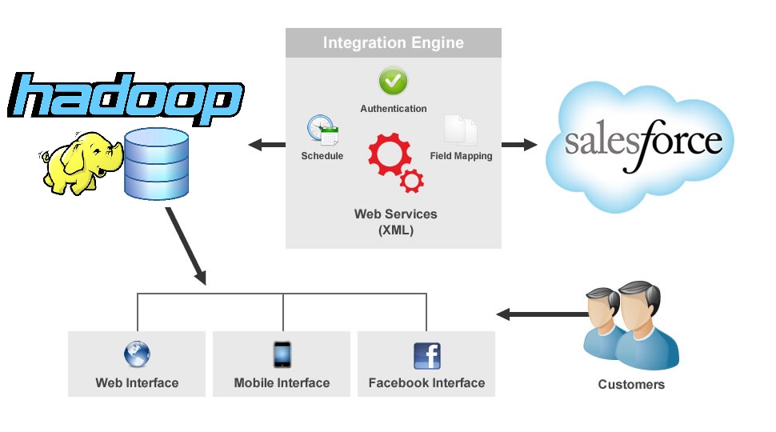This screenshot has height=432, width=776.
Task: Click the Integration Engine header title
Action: tap(393, 43)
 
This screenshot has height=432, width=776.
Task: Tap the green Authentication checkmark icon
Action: tap(393, 81)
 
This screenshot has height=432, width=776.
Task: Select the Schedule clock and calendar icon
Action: tap(322, 130)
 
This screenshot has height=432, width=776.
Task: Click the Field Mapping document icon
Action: tap(461, 130)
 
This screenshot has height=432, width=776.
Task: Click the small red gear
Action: tap(412, 181)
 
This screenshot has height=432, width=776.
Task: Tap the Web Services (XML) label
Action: tap(395, 222)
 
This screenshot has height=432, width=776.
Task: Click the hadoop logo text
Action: tap(125, 99)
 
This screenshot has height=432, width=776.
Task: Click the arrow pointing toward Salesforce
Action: tap(519, 145)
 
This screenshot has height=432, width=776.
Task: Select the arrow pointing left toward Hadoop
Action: tap(266, 145)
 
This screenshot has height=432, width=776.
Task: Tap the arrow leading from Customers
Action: tap(537, 314)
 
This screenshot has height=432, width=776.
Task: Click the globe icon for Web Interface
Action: tap(137, 354)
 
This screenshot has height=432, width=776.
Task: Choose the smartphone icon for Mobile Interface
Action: tap(282, 354)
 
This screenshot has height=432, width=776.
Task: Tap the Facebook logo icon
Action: tap(426, 355)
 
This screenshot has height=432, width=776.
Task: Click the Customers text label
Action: tap(631, 385)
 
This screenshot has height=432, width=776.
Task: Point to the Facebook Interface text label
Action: tap(426, 383)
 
